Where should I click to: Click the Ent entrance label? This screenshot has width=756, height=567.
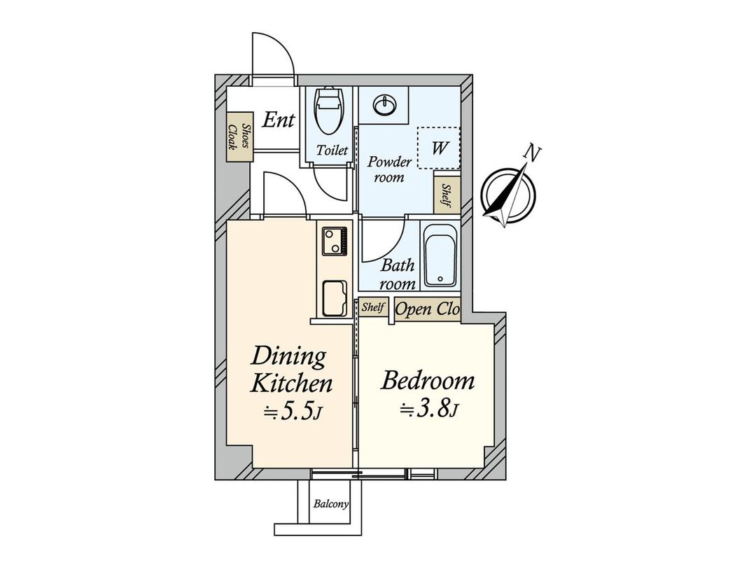277,120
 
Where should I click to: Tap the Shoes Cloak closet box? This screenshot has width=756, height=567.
238,139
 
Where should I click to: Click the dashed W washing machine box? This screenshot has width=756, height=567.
438,148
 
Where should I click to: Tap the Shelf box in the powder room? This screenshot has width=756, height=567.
447,195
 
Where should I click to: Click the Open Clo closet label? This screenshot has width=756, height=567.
427,309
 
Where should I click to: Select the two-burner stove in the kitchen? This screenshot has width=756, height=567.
333,241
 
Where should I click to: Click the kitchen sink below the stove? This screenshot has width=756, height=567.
334,297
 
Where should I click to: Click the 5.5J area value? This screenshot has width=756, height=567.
293,413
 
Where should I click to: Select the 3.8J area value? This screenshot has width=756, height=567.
428,410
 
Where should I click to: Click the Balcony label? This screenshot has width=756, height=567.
331,504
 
